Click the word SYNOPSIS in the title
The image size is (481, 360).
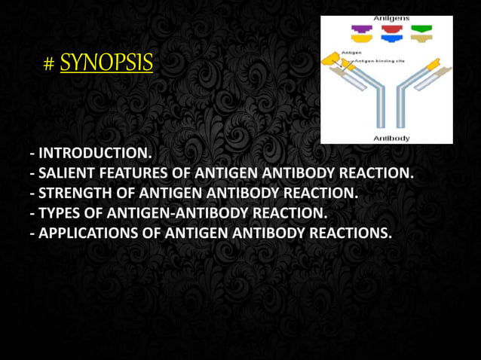(x=106, y=62)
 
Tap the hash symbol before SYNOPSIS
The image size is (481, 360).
(x=49, y=64)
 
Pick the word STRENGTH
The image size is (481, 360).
(x=78, y=194)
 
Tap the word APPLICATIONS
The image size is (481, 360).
(x=90, y=233)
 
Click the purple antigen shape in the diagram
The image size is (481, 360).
(x=361, y=30)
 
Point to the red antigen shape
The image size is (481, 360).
(x=391, y=30)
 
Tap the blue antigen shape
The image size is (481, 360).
(x=391, y=38)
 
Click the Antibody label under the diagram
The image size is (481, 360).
(x=391, y=138)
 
